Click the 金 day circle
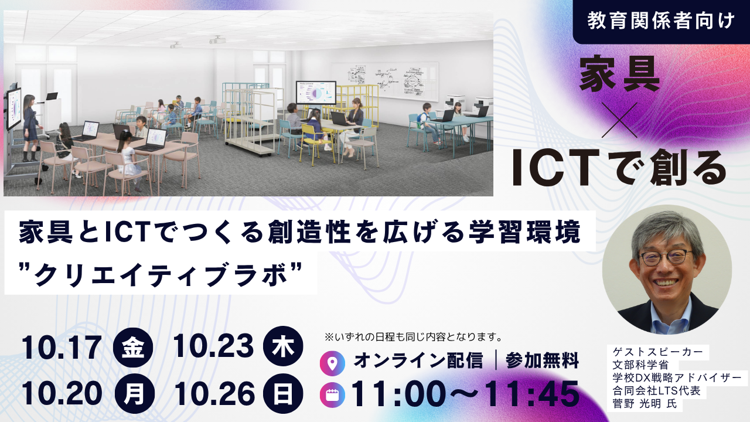pos(133,346)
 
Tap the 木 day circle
pos(283,346)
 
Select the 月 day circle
pos(134,394)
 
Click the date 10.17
pos(62,348)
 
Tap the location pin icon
pos(332,363)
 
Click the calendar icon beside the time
pos(332,395)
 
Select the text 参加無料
pos(542,360)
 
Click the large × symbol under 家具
pos(619,120)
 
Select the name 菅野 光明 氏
pos(645,404)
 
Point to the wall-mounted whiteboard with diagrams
pos(384,81)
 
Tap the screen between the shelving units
pos(316,93)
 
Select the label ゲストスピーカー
pos(657,352)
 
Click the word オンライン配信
pos(418,360)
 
